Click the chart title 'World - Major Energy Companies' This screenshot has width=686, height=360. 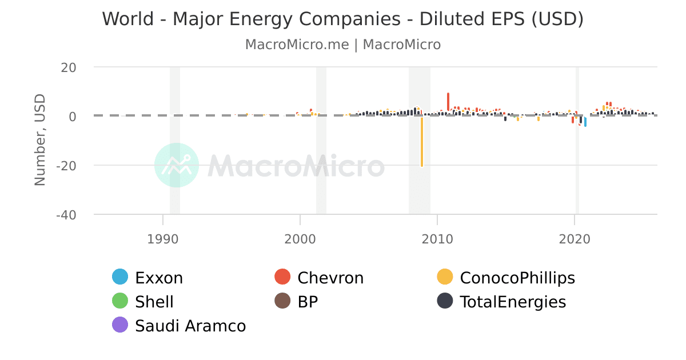point(342,19)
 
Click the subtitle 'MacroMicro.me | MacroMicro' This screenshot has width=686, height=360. point(342,45)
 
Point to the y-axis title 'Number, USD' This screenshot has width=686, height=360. point(40,140)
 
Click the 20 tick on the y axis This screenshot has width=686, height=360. point(69,67)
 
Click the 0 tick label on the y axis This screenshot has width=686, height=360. point(72,117)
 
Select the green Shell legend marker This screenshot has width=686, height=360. point(121,301)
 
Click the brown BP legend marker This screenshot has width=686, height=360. point(283,301)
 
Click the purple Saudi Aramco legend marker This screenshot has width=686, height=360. point(121,325)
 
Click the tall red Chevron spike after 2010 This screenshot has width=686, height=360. point(448,102)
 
